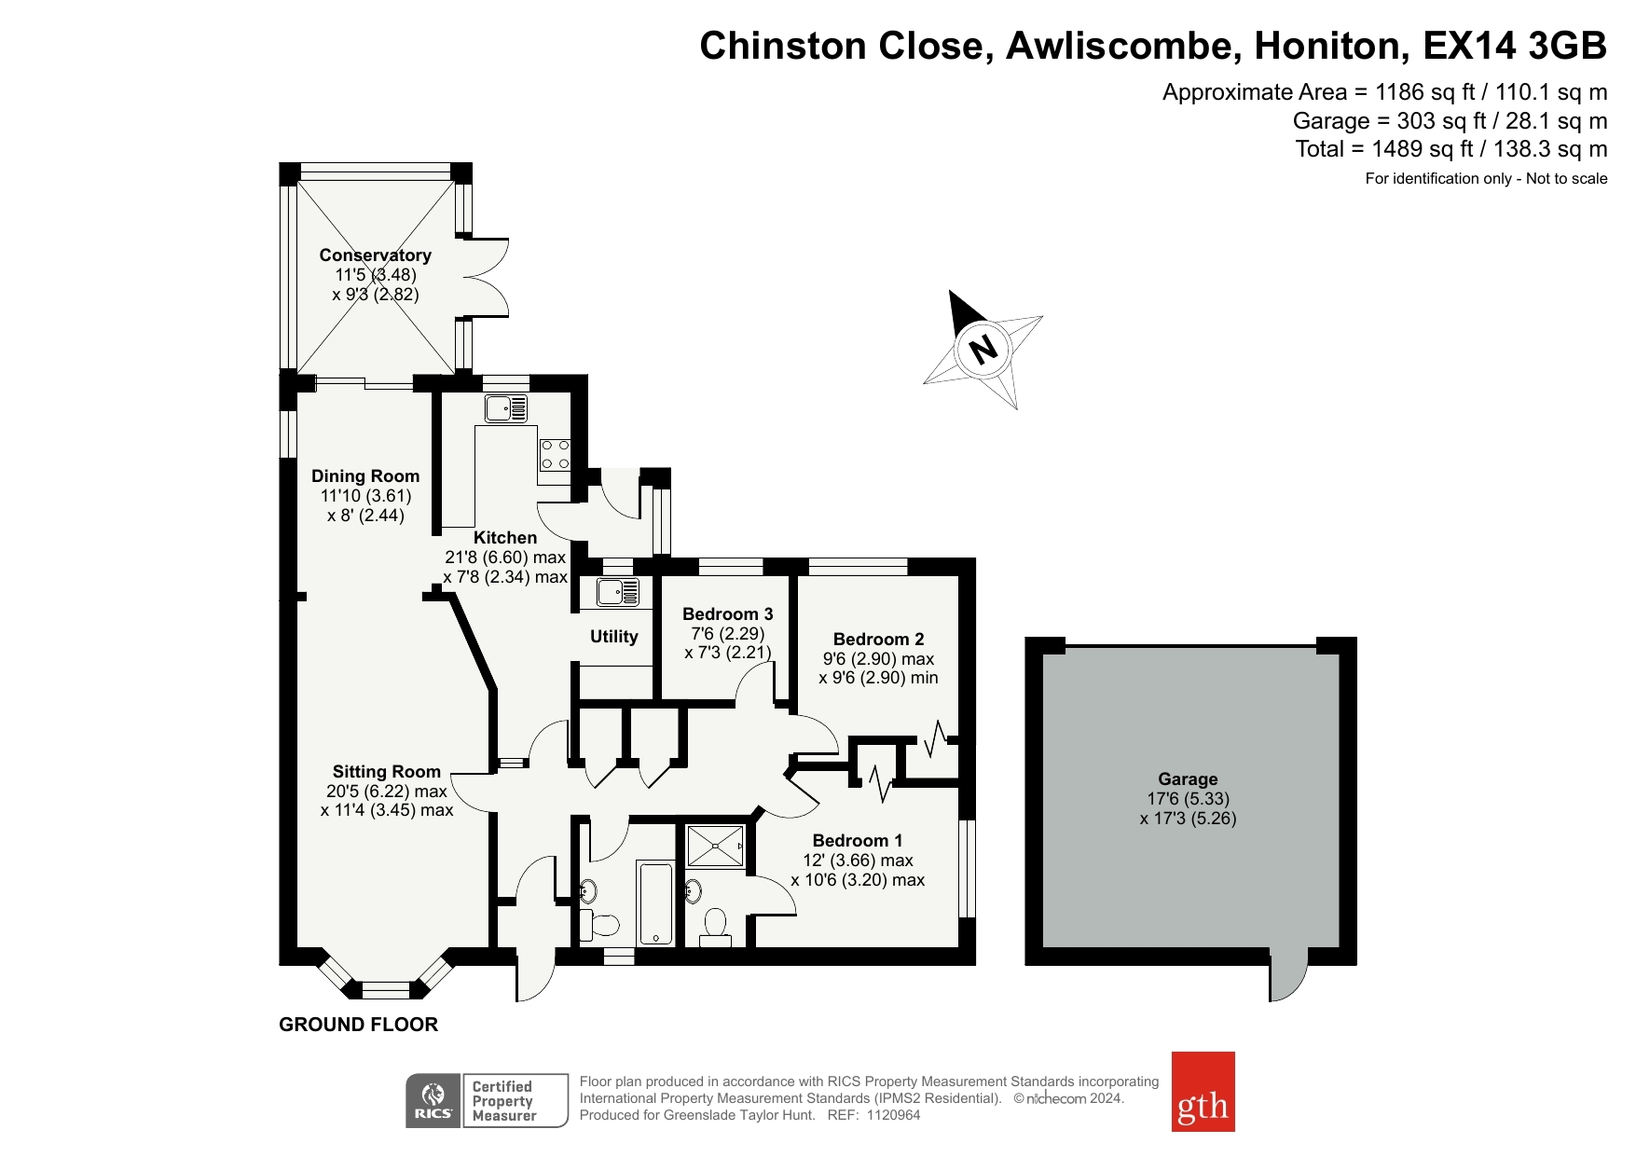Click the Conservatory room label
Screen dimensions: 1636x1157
point(375,255)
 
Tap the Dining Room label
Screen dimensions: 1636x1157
point(365,475)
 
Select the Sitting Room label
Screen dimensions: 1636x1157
point(387,771)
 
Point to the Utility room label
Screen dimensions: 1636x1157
point(613,637)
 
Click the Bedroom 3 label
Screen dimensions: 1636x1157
point(728,613)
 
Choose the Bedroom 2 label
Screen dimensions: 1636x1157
point(878,639)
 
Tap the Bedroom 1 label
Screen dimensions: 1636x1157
point(858,840)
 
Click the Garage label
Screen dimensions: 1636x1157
point(1188,778)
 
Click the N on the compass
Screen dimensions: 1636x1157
point(983,350)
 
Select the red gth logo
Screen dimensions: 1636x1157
point(1203,1092)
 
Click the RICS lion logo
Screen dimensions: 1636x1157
point(433,1101)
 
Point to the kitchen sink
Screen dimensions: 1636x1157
point(505,408)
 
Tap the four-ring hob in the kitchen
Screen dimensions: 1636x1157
point(555,454)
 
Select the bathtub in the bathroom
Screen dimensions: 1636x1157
point(655,902)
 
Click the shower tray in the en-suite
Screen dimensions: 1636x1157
point(715,846)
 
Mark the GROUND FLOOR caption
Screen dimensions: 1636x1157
point(358,1025)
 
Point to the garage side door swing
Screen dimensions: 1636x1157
point(1288,975)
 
